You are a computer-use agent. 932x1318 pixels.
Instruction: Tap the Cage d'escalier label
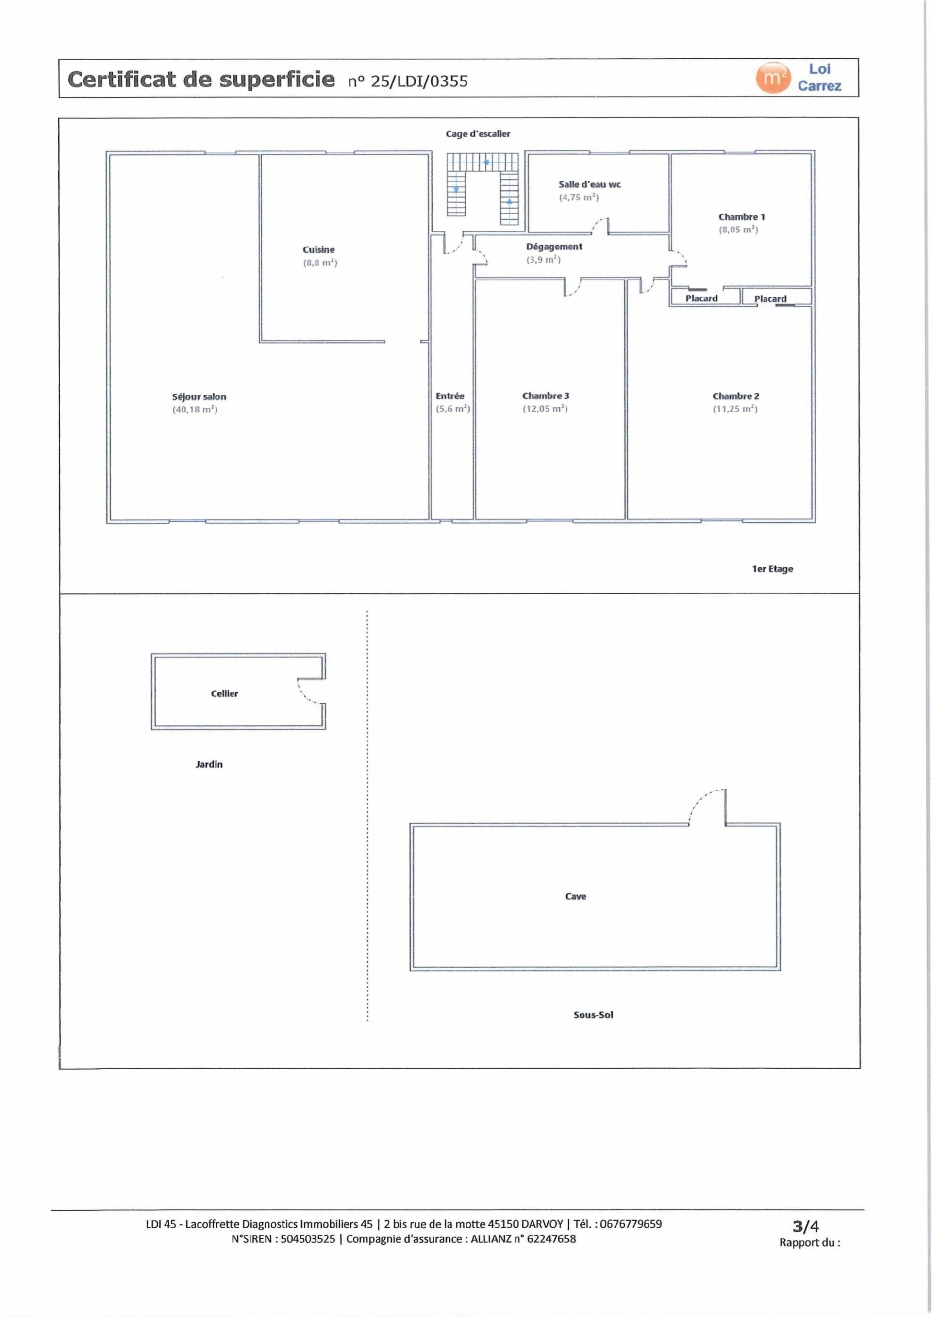click(478, 134)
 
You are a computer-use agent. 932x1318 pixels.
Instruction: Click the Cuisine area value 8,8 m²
click(320, 263)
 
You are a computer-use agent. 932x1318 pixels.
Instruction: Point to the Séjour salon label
click(199, 396)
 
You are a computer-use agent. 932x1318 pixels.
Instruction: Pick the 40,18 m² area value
click(195, 410)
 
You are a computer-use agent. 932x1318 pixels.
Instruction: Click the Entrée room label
click(449, 396)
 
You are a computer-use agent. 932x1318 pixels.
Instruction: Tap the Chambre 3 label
click(546, 396)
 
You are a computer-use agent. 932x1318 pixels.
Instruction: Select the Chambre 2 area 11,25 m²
click(735, 409)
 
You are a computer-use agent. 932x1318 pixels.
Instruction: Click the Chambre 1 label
click(741, 217)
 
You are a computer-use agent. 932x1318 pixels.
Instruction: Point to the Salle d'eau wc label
click(589, 185)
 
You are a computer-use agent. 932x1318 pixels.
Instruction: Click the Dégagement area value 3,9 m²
click(543, 260)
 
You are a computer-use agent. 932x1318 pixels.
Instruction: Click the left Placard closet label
click(701, 298)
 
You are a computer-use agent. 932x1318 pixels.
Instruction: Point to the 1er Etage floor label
click(772, 569)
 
